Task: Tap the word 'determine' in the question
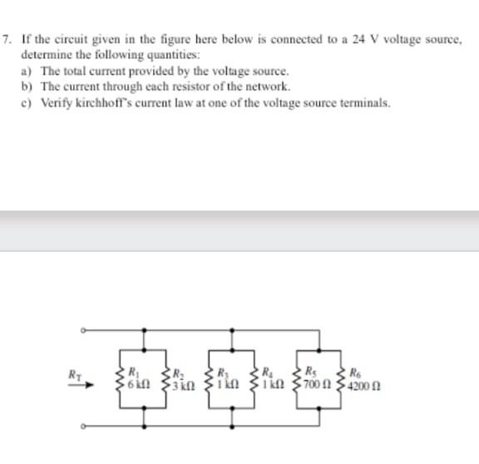tap(44, 52)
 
